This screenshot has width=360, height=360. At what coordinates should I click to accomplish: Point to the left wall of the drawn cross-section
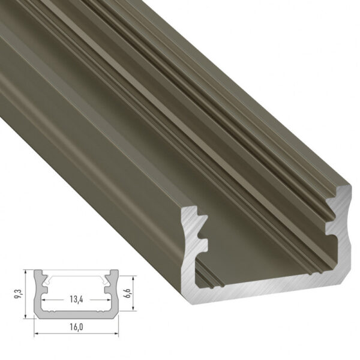[x=38, y=297]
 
